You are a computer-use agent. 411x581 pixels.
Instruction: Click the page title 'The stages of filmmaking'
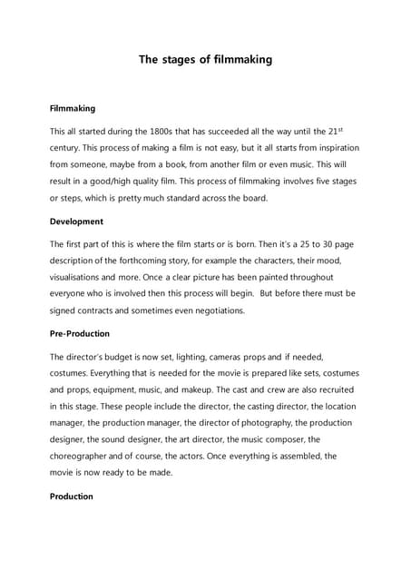click(x=205, y=60)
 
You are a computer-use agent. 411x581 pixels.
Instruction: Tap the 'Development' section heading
click(x=76, y=222)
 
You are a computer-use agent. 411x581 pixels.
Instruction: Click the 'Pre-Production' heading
click(x=80, y=334)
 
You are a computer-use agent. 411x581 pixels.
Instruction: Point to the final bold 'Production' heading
click(x=72, y=497)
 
